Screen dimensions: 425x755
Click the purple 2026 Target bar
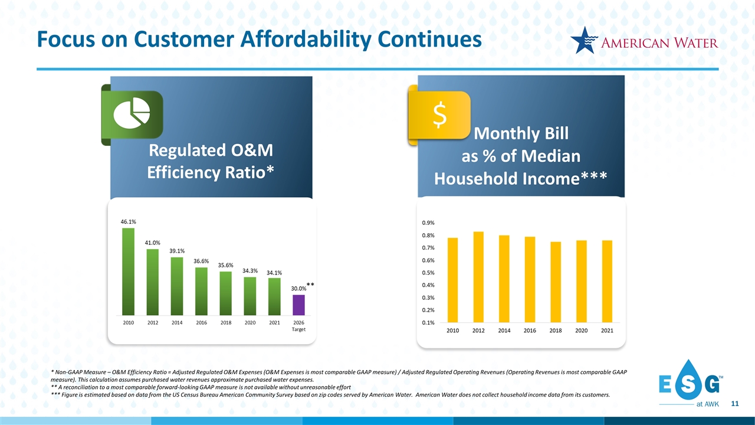coord(298,305)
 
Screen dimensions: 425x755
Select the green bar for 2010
coord(128,272)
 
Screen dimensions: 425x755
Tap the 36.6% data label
coord(201,261)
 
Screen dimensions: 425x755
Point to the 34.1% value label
coord(274,273)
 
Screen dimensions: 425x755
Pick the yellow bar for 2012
coord(478,277)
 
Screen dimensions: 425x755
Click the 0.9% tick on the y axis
coord(428,223)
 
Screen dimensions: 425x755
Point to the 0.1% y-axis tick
coord(428,322)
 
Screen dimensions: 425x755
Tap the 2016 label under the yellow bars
coord(530,331)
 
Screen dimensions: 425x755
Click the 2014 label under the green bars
coord(176,323)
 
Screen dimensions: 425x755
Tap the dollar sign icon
coord(439,116)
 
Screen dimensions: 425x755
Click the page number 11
coord(734,404)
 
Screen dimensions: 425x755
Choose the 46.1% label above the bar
coord(128,221)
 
